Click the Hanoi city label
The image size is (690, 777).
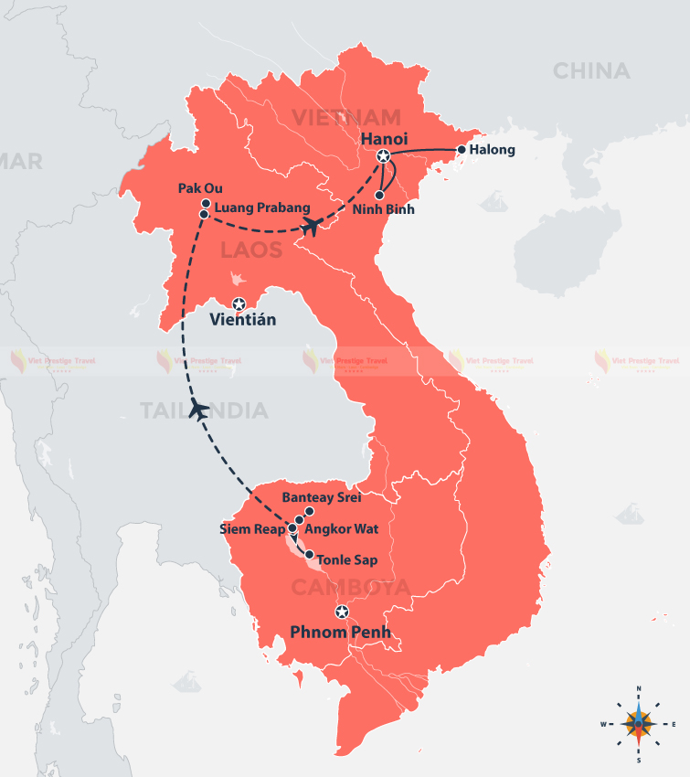pyautogui.click(x=385, y=138)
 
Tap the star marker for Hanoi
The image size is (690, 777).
pyautogui.click(x=384, y=157)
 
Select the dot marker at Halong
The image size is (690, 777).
pyautogui.click(x=462, y=149)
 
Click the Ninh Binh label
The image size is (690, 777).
pyautogui.click(x=383, y=209)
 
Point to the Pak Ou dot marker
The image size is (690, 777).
pyautogui.click(x=206, y=204)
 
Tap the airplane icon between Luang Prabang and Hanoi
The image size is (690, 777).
pyautogui.click(x=310, y=226)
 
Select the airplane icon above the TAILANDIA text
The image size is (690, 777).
pyautogui.click(x=196, y=410)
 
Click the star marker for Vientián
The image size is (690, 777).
pyautogui.click(x=239, y=303)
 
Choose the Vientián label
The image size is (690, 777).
pyautogui.click(x=242, y=321)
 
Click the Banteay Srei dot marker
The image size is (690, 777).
pyautogui.click(x=309, y=511)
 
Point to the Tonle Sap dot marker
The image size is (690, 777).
pyautogui.click(x=309, y=555)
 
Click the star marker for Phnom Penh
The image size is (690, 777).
pyautogui.click(x=341, y=612)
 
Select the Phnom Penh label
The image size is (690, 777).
pyautogui.click(x=340, y=632)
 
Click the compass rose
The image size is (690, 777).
pyautogui.click(x=638, y=723)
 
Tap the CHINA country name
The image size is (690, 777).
pyautogui.click(x=591, y=70)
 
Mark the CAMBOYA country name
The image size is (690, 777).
pyautogui.click(x=350, y=587)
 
